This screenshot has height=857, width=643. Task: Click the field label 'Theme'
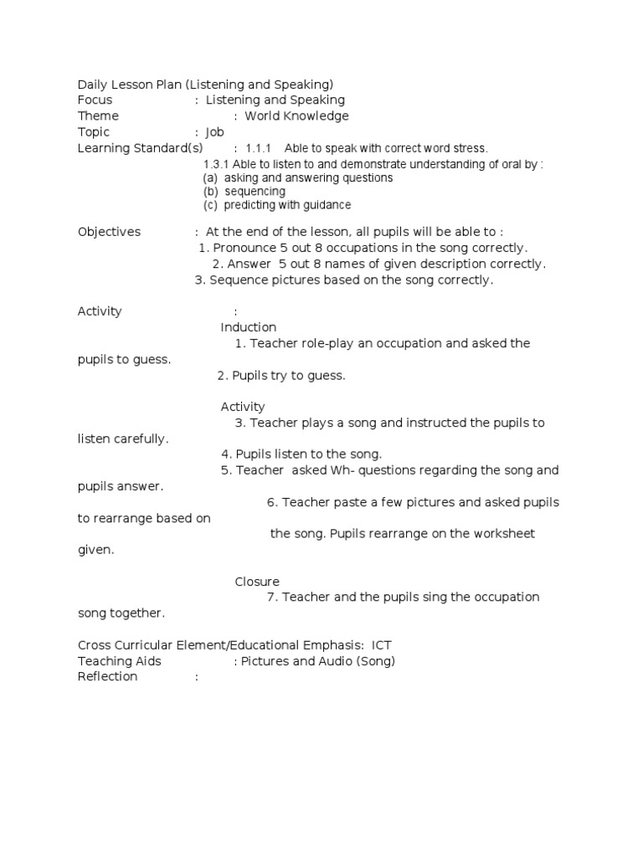98,115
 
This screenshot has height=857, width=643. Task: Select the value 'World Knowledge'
296,115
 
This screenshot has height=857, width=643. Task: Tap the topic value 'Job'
214,131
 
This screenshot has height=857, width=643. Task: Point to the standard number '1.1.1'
259,148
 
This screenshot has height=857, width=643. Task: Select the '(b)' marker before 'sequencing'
211,192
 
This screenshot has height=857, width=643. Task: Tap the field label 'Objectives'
109,232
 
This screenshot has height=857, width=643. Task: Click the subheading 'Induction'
249,327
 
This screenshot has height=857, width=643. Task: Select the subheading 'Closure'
257,582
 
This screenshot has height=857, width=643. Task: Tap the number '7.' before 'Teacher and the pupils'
272,597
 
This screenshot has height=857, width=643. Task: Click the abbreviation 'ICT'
382,645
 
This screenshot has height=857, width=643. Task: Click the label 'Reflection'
107,676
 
